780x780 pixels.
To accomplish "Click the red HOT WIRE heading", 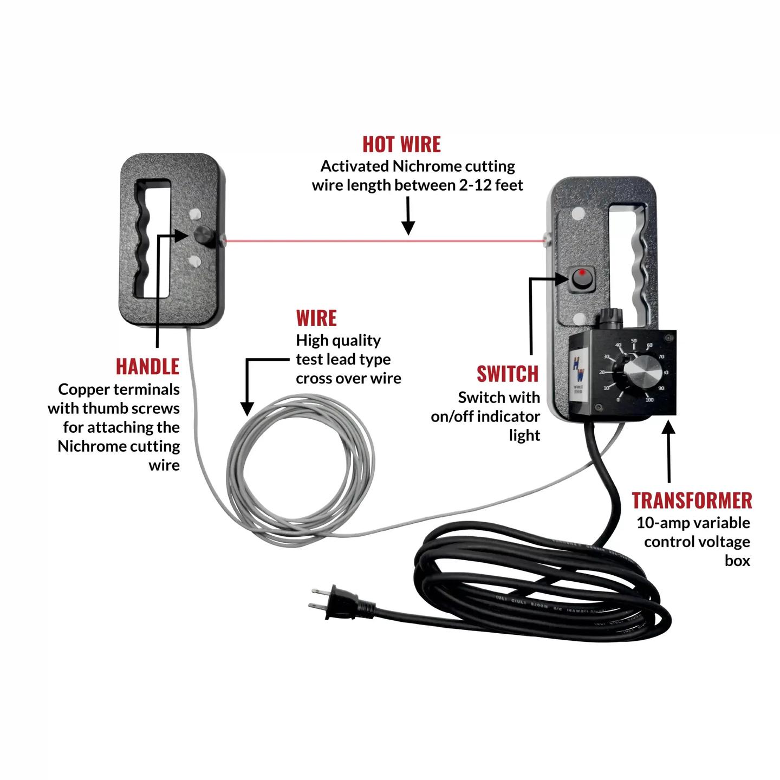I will tap(401, 145).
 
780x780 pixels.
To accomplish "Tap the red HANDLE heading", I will tap(147, 367).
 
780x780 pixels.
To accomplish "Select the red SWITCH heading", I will tap(508, 374).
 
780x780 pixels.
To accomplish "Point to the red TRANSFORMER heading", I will tap(692, 500).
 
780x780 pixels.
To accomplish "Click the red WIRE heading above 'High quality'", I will tap(316, 318).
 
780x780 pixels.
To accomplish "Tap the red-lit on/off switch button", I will tap(581, 278).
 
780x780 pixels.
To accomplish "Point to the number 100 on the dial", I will tap(649, 400).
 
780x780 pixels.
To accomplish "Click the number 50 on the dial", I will tap(634, 341).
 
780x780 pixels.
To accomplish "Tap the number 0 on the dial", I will tap(619, 400).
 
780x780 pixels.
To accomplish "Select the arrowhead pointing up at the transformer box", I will tap(669, 428).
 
